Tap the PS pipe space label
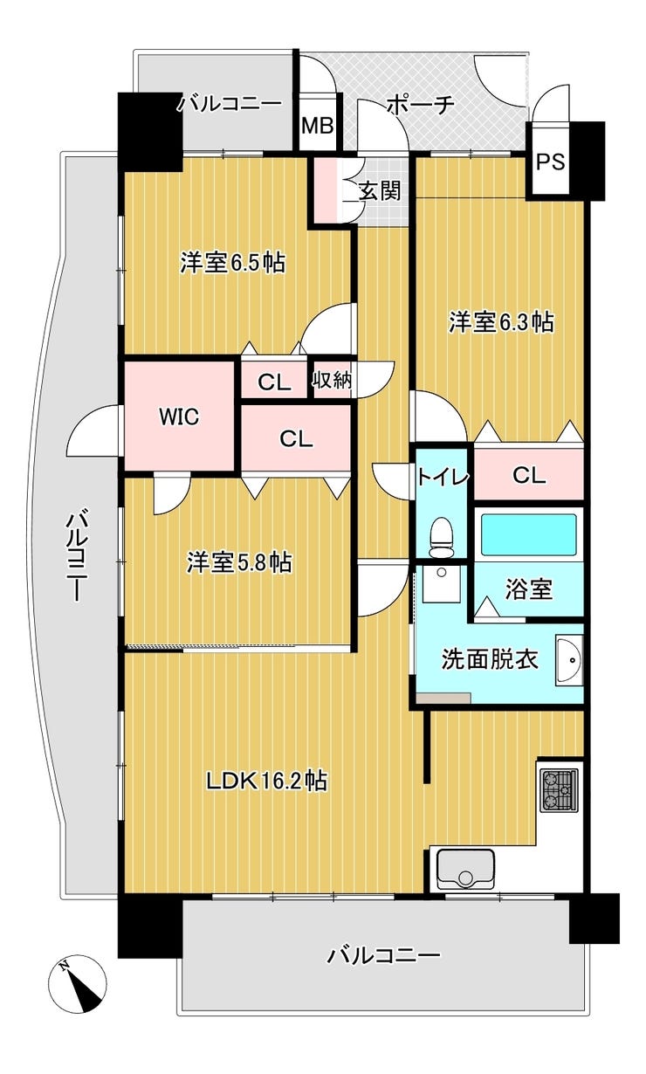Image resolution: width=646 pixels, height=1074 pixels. [550, 162]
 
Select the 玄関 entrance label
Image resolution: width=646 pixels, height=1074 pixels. [380, 192]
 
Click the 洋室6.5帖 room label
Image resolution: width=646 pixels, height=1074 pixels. [233, 263]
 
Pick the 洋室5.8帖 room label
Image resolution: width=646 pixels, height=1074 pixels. [239, 562]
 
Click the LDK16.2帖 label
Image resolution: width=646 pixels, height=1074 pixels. [267, 781]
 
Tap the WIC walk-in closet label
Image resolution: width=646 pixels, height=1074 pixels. [179, 417]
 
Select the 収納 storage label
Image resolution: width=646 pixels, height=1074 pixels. [333, 380]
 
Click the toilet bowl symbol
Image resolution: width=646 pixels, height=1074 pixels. [440, 538]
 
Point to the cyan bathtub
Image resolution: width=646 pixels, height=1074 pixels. [529, 534]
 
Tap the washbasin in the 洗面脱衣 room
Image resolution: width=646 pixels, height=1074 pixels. [569, 661]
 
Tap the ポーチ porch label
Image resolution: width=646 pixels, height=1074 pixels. [420, 105]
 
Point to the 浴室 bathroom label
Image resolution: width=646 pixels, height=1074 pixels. [529, 589]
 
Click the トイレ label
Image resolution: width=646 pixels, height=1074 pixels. [442, 477]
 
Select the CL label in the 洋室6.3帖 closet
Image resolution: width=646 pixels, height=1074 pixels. [529, 476]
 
